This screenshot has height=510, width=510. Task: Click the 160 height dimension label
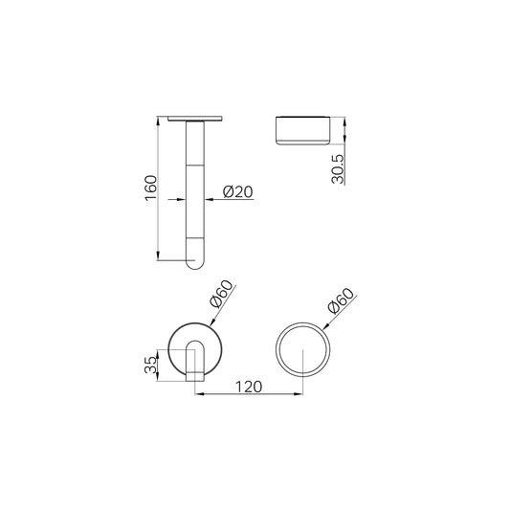coord(151,188)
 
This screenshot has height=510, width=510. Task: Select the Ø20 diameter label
coord(238,191)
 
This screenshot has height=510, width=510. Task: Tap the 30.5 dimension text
coord(338,168)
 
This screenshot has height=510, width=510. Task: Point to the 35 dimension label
coord(150,365)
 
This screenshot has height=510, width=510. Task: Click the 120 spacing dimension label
coord(249,387)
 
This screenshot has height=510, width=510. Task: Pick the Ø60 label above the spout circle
coord(222,294)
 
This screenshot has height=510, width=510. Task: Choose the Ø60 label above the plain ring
coord(342,300)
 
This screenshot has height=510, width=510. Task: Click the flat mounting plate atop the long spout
coord(195,119)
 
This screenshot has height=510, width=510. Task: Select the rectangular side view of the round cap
coord(302,130)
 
